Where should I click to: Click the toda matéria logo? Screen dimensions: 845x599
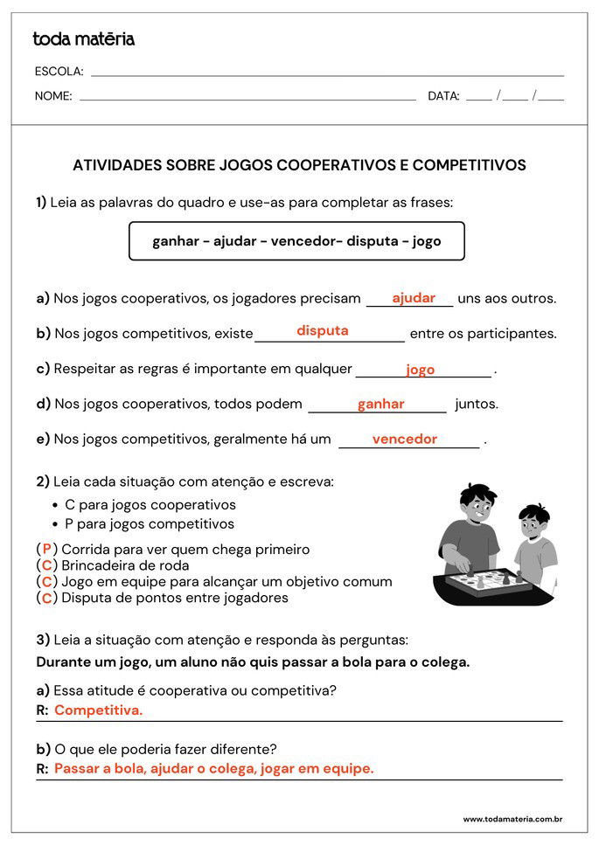(83, 39)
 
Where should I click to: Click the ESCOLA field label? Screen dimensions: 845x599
(59, 72)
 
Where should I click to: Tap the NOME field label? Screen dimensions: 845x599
(53, 96)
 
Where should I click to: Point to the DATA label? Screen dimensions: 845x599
(443, 96)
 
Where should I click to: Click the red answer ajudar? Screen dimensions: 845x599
(414, 298)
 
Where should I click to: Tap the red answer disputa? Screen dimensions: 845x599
(323, 331)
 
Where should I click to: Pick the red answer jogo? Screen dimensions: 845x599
(420, 370)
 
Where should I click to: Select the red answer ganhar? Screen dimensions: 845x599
(380, 404)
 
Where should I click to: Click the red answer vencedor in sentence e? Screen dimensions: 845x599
(404, 440)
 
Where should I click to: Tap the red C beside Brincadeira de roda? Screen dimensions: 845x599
(47, 565)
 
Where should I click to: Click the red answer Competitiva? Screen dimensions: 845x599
(98, 710)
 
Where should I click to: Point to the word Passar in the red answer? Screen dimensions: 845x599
(76, 769)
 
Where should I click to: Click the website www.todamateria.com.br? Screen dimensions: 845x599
(512, 820)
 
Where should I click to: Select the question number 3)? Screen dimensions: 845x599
(42, 640)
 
